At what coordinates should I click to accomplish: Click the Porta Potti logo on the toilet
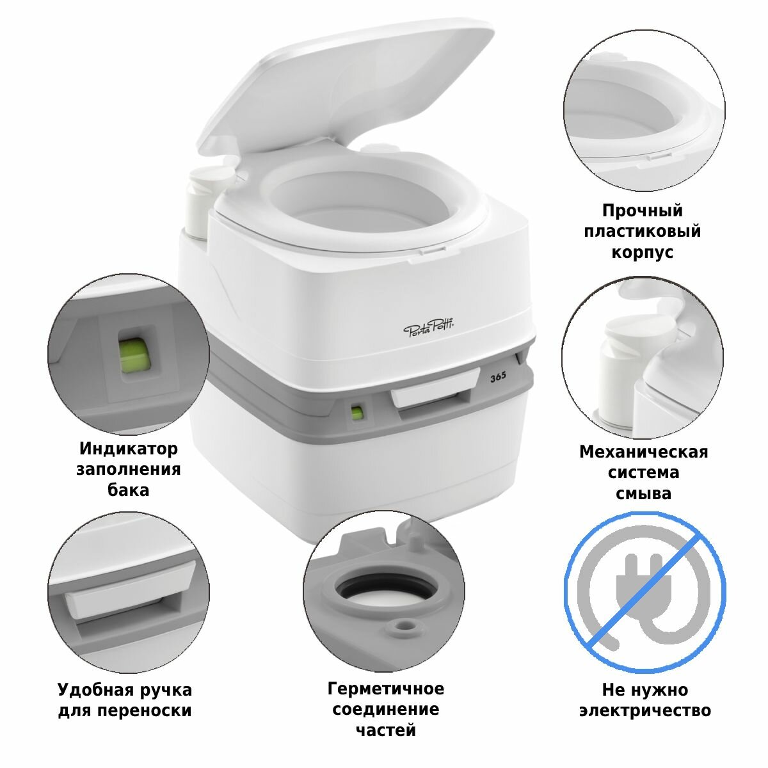click(x=429, y=330)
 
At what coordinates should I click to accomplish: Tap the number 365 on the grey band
click(x=498, y=376)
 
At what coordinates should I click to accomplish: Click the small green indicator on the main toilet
click(x=358, y=413)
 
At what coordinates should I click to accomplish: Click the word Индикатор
click(x=129, y=449)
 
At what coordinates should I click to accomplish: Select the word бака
click(x=129, y=490)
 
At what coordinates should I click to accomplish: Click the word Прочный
click(x=643, y=211)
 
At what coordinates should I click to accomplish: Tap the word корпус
click(x=642, y=253)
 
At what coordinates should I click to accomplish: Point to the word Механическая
click(x=644, y=452)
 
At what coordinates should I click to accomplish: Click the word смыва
click(x=643, y=494)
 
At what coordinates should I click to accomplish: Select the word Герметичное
click(x=385, y=689)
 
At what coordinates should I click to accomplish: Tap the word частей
click(x=385, y=730)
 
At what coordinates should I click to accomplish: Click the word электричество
click(x=645, y=710)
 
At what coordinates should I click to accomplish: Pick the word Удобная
click(x=90, y=689)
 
